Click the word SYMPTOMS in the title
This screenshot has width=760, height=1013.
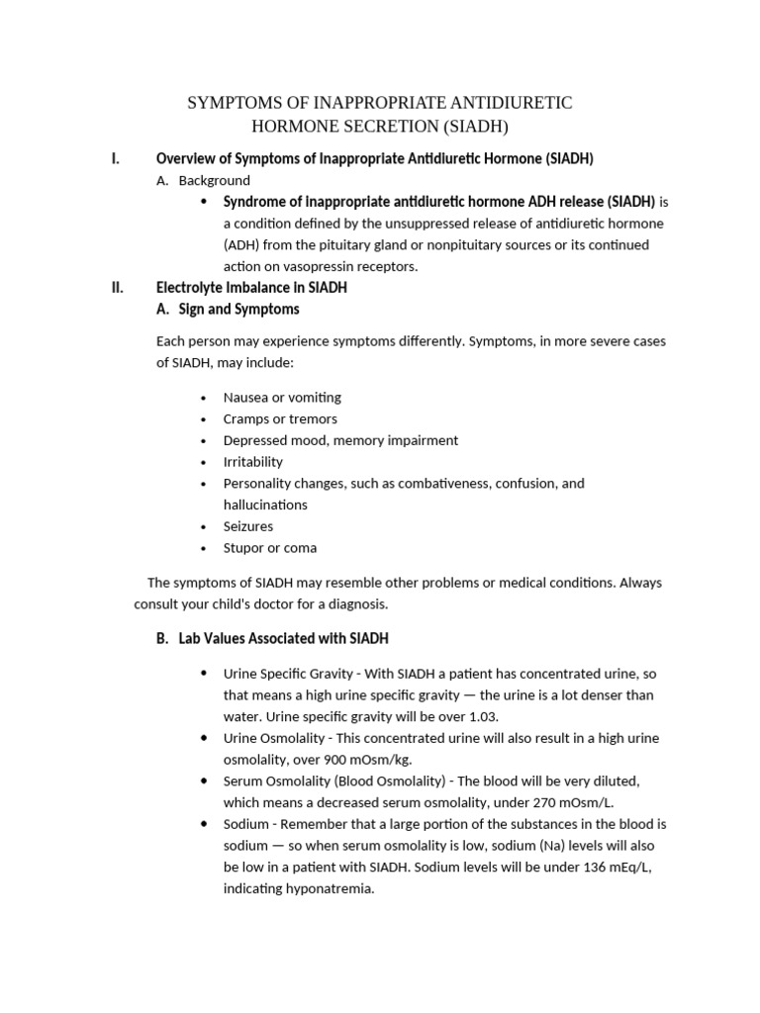click(234, 103)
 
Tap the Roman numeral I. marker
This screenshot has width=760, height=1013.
click(116, 158)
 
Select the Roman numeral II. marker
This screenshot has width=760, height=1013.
click(118, 288)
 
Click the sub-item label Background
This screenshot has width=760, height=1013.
click(214, 180)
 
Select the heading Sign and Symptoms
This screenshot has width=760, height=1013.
click(238, 310)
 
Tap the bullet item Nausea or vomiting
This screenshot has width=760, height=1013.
click(282, 397)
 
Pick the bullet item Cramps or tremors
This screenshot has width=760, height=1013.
click(280, 418)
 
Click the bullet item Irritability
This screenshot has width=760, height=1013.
click(252, 462)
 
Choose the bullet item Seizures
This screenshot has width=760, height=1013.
click(248, 526)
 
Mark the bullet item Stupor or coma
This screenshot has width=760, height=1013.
click(270, 548)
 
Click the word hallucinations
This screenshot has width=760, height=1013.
click(265, 505)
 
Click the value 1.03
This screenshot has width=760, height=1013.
click(483, 716)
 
